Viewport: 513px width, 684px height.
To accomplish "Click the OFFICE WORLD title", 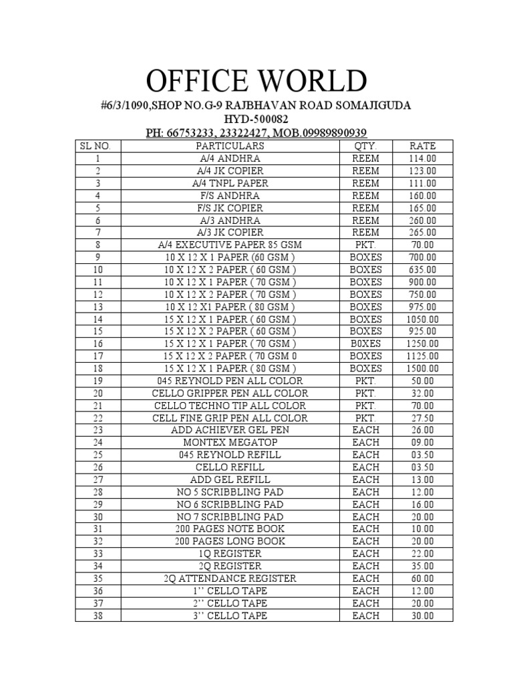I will click(256, 81).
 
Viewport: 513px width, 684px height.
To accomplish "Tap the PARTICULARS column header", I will click(230, 146).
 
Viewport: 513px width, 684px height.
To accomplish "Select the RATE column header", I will click(422, 146).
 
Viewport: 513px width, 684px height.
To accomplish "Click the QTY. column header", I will click(365, 146).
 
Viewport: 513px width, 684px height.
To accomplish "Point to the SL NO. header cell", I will click(98, 146).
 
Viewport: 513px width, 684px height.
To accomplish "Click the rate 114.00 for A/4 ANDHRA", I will click(422, 158).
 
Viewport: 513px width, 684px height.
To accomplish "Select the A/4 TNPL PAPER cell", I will click(230, 183).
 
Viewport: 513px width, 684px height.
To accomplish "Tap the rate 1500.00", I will click(422, 368).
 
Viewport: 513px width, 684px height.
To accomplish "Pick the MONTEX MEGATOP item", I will click(230, 442).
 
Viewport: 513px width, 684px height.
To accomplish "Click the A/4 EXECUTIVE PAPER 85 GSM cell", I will click(230, 244).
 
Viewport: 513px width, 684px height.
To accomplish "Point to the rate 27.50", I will click(422, 417).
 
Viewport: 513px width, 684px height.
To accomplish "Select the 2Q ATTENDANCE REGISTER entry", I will click(230, 578).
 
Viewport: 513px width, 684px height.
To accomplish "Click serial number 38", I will click(98, 615).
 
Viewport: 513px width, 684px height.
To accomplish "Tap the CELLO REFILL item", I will click(230, 467).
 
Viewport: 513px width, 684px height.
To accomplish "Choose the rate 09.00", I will click(422, 442).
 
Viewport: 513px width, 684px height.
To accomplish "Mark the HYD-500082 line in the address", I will click(256, 119).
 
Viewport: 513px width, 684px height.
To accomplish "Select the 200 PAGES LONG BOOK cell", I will click(230, 541).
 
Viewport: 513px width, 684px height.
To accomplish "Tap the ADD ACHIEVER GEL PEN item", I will click(230, 430).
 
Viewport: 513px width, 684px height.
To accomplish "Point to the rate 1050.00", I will click(422, 319).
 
